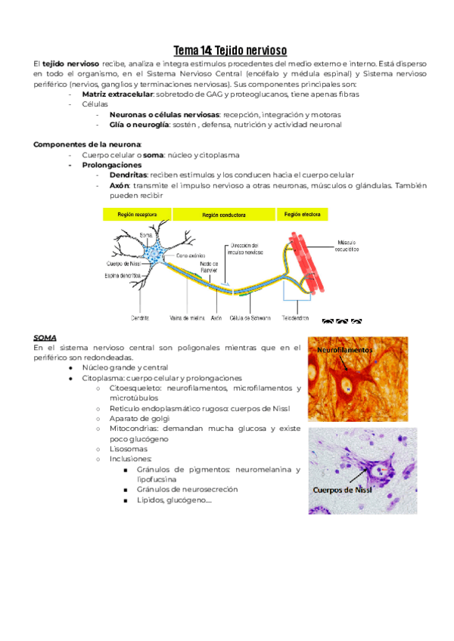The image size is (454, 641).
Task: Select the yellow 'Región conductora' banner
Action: click(224, 215)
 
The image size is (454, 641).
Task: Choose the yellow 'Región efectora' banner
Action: click(302, 215)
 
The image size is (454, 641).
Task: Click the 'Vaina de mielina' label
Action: click(185, 318)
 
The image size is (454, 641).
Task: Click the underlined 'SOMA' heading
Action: click(45, 337)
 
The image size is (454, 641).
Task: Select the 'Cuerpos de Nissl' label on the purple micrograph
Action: click(344, 489)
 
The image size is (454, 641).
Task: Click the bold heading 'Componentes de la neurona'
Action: click(87, 144)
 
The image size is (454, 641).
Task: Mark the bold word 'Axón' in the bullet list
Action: click(120, 185)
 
